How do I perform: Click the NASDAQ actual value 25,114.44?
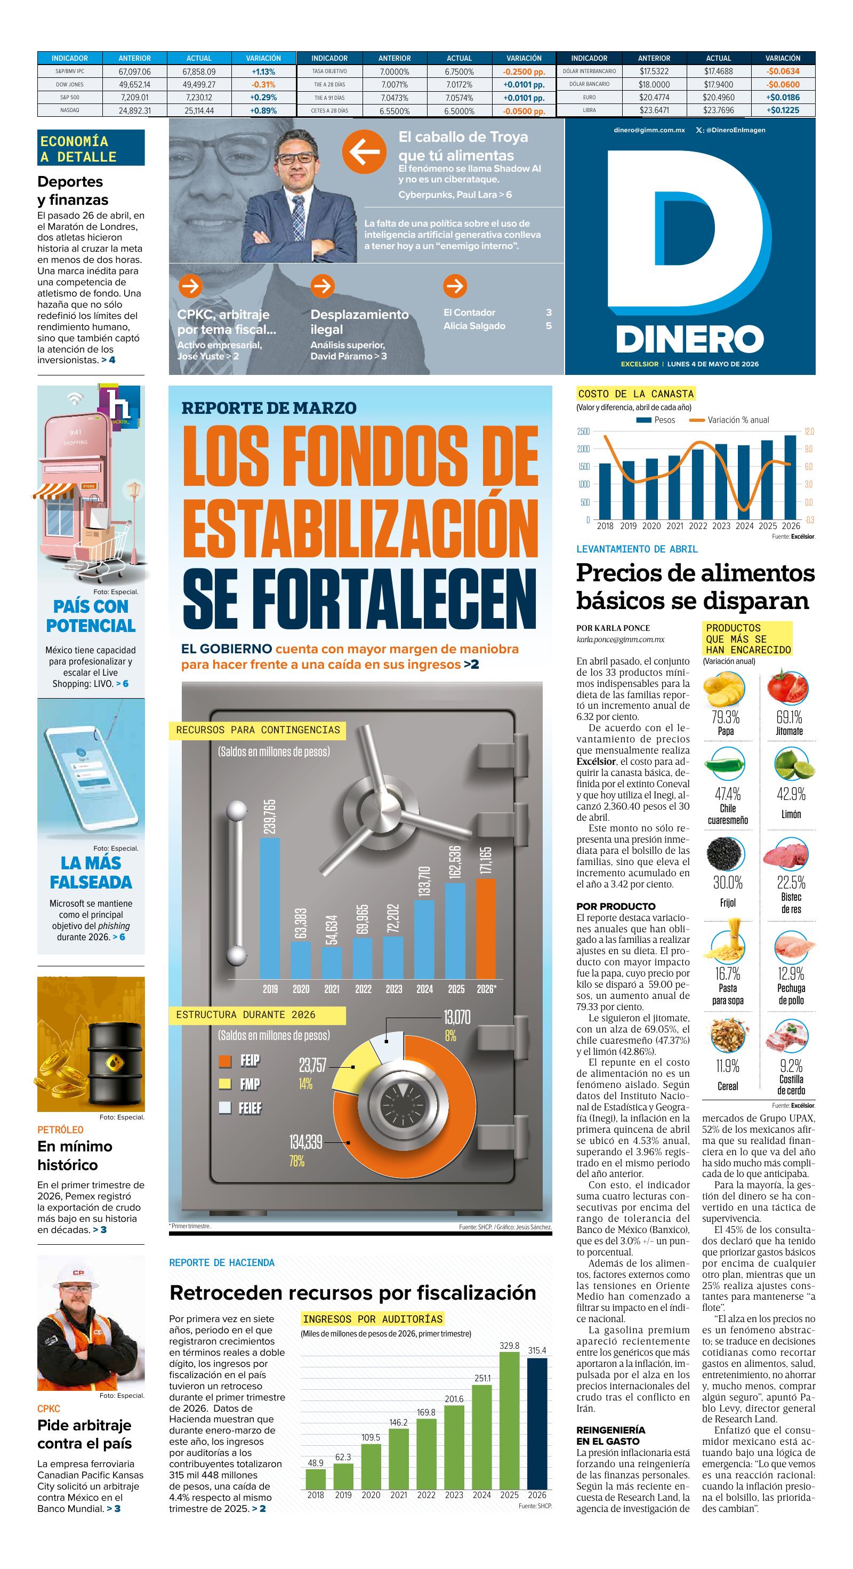(x=199, y=111)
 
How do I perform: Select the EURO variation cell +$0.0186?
(x=783, y=98)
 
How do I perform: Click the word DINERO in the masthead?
(x=690, y=339)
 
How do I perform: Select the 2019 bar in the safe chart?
(x=270, y=908)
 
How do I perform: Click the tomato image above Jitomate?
(x=790, y=686)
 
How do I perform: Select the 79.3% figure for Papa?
(x=725, y=717)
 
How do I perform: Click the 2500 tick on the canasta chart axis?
(x=583, y=432)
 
